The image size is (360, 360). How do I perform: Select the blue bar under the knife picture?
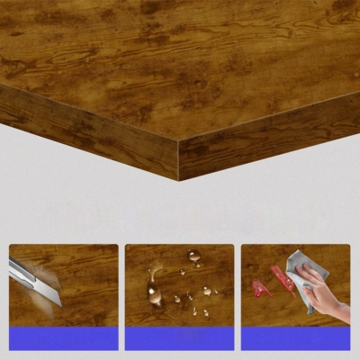[x=63, y=338]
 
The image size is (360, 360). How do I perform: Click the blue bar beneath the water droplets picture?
[x=179, y=338]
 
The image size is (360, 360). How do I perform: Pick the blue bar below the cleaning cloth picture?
[x=295, y=338]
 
